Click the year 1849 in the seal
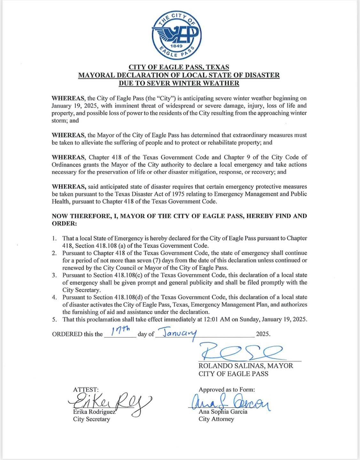pyautogui.click(x=176, y=46)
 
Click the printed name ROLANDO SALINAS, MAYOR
pyautogui.click(x=246, y=366)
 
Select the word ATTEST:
pyautogui.click(x=86, y=390)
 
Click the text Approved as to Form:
pyautogui.click(x=227, y=390)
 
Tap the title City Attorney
pyautogui.click(x=216, y=419)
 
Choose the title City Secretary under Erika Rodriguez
pyautogui.click(x=91, y=419)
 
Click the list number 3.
pyautogui.click(x=55, y=275)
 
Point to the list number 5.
pyautogui.click(x=55, y=319)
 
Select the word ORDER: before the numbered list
pyautogui.click(x=64, y=223)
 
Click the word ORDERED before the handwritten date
pyautogui.click(x=67, y=334)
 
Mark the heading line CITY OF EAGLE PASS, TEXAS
pyautogui.click(x=179, y=67)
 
